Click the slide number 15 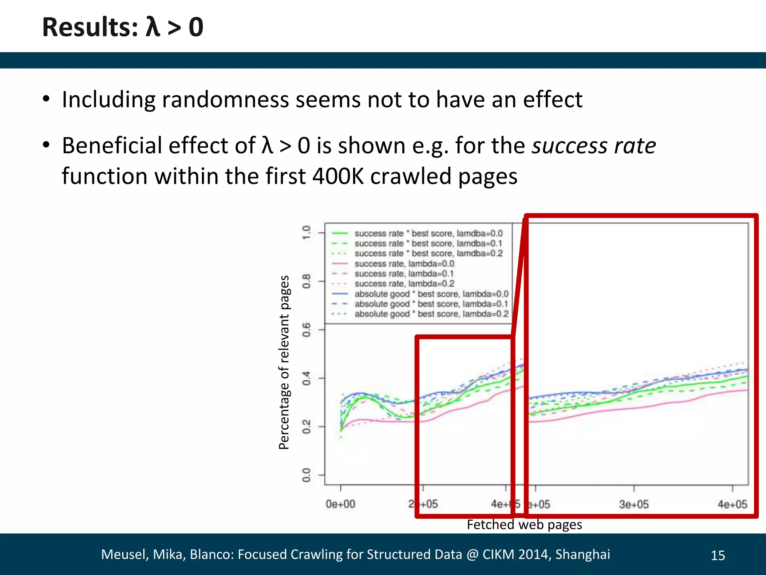pyautogui.click(x=717, y=556)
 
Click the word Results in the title pyautogui.click(x=90, y=27)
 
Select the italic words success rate pyautogui.click(x=594, y=146)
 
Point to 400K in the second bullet pyautogui.click(x=338, y=176)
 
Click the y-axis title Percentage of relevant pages pyautogui.click(x=284, y=362)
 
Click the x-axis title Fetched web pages pyautogui.click(x=524, y=524)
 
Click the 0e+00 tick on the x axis pyautogui.click(x=340, y=504)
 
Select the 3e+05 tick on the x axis pyautogui.click(x=634, y=504)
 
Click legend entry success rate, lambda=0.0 pyautogui.click(x=404, y=264)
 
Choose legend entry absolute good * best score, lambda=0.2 pyautogui.click(x=431, y=314)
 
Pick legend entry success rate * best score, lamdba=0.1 pyautogui.click(x=428, y=243)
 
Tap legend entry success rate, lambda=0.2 pyautogui.click(x=404, y=284)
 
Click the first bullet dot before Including pyautogui.click(x=46, y=100)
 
